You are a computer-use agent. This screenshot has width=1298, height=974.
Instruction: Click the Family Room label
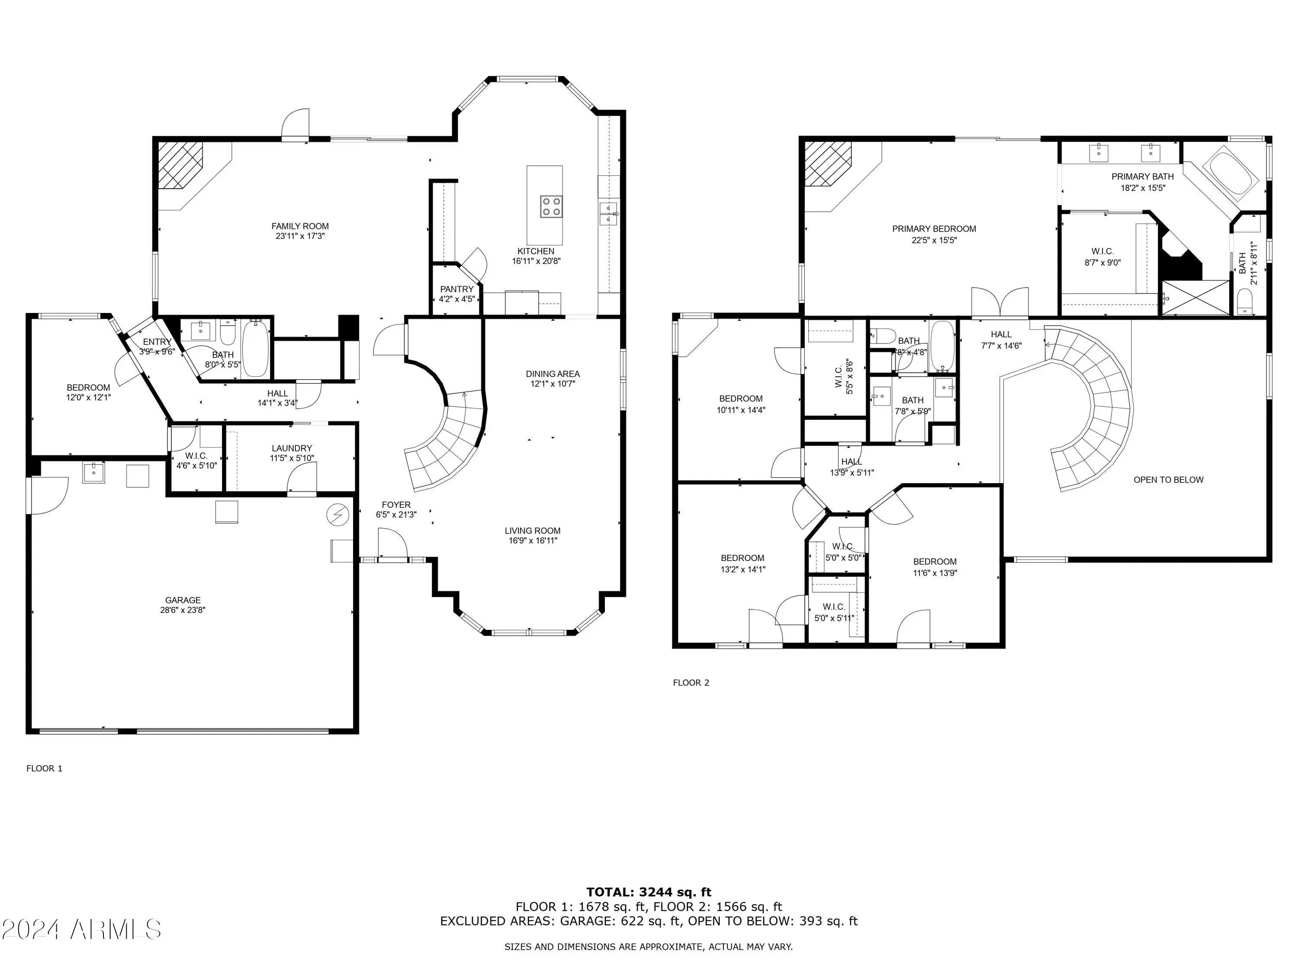click(x=300, y=226)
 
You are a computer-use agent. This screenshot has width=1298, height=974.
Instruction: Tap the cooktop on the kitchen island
click(x=552, y=206)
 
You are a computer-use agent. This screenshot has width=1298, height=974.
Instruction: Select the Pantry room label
click(x=456, y=289)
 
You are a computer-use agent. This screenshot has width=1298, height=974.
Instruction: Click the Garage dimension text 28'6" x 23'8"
click(x=183, y=610)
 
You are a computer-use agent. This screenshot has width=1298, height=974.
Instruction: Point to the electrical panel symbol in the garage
click(x=338, y=515)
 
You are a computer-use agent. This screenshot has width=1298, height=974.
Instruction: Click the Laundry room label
click(x=292, y=448)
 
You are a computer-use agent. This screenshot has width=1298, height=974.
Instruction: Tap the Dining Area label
click(x=553, y=374)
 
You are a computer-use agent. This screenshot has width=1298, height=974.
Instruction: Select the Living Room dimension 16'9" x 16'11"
click(x=533, y=541)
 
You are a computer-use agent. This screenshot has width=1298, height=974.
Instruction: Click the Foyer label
click(x=396, y=504)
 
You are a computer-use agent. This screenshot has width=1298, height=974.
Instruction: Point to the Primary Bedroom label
click(x=934, y=229)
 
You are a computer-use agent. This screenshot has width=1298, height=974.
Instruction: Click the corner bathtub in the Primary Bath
click(x=1230, y=174)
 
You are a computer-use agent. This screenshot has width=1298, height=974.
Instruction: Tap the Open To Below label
click(x=1168, y=480)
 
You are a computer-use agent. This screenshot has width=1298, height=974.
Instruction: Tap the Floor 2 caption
click(x=691, y=682)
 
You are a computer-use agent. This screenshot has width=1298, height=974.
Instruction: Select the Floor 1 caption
click(x=44, y=768)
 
